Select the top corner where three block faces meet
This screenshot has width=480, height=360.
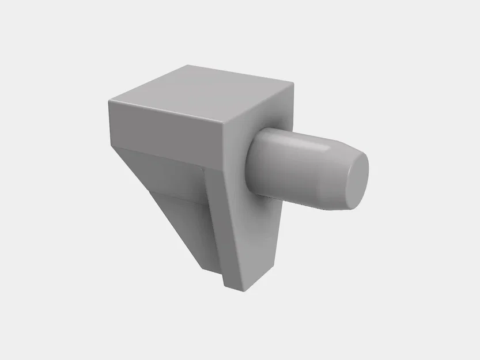pyautogui.click(x=225, y=123)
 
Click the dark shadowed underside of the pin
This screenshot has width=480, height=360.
pyautogui.click(x=300, y=199)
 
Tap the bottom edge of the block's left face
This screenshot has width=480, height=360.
pyautogui.click(x=167, y=158)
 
